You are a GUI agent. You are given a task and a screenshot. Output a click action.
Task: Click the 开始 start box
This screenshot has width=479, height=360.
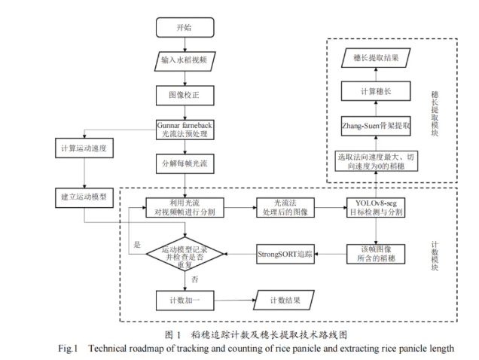click(x=184, y=28)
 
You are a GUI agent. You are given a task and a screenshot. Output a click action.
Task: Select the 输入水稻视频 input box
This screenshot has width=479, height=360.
click(x=185, y=61)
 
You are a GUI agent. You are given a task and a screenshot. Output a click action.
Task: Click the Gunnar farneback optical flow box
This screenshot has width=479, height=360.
click(x=185, y=128)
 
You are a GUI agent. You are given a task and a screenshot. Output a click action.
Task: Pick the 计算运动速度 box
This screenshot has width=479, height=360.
click(x=84, y=148)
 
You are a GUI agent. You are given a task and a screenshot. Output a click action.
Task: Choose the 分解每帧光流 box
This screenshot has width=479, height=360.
click(x=185, y=163)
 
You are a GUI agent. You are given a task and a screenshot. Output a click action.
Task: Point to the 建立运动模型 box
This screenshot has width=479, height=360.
click(x=84, y=196)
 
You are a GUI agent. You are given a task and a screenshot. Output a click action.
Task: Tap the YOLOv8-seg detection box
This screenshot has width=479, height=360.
click(x=377, y=207)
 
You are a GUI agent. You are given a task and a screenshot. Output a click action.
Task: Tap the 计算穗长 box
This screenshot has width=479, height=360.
click(x=377, y=91)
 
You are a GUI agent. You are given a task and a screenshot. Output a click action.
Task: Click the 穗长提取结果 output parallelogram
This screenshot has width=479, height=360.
click(x=377, y=58)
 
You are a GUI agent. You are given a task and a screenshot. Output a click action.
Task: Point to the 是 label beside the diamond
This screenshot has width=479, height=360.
click(x=136, y=246)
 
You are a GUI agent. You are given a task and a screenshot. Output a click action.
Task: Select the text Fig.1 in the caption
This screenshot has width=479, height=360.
click(x=72, y=348)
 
